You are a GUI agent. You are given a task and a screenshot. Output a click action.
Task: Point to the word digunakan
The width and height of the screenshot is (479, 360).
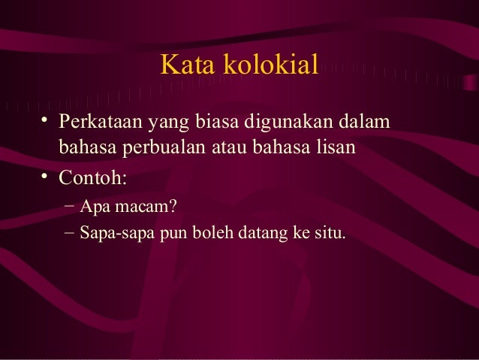click(288, 121)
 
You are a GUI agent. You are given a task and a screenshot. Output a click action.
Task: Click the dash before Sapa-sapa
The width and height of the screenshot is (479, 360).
click(69, 232)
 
